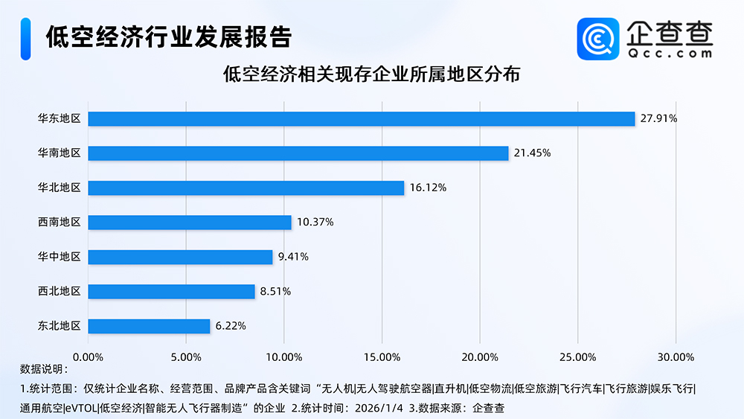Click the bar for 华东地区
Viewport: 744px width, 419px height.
click(x=362, y=119)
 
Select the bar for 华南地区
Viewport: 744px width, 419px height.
click(x=298, y=153)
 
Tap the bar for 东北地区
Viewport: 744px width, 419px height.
click(x=150, y=326)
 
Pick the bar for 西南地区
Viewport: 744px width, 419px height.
click(x=190, y=223)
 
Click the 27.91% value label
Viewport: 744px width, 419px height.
click(x=658, y=119)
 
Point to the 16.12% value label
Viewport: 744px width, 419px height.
click(x=428, y=188)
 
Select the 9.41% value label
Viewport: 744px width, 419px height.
click(x=293, y=257)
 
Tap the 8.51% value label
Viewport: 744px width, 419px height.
click(x=275, y=292)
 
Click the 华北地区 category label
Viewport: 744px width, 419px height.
click(x=59, y=188)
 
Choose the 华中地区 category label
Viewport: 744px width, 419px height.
click(x=59, y=257)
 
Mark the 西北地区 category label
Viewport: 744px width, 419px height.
click(x=59, y=291)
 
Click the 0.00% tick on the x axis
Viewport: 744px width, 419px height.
click(x=89, y=356)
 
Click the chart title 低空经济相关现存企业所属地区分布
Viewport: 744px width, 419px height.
click(x=371, y=75)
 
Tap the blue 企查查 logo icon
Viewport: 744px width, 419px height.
click(x=599, y=39)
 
